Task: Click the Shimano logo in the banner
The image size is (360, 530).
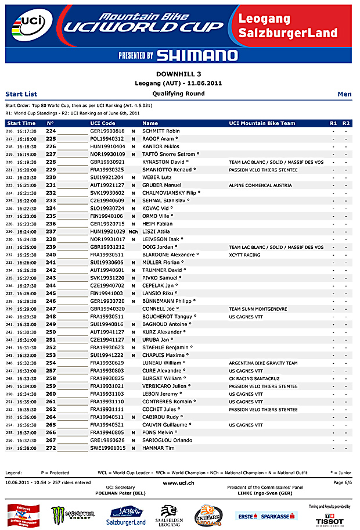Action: [x=178, y=55]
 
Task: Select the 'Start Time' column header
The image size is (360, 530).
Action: [x=21, y=123]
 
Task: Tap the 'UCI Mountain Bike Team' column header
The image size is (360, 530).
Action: [x=262, y=123]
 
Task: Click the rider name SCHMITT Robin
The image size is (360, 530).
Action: [x=161, y=131]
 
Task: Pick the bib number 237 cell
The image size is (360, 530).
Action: [x=51, y=231]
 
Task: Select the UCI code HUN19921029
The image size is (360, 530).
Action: [x=107, y=231]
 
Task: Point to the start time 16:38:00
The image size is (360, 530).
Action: [x=27, y=448]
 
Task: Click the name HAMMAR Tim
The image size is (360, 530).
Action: [x=159, y=448]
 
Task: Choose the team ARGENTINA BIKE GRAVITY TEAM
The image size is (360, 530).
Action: [x=263, y=363]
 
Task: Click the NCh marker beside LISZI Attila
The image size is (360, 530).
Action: [x=133, y=231]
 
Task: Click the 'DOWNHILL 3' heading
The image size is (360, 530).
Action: [x=179, y=74]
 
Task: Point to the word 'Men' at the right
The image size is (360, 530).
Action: [x=344, y=94]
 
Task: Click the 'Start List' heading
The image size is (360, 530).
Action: [x=21, y=94]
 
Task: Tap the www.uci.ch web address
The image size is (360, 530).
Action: [x=179, y=483]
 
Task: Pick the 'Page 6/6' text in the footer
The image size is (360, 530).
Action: [x=342, y=483]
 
